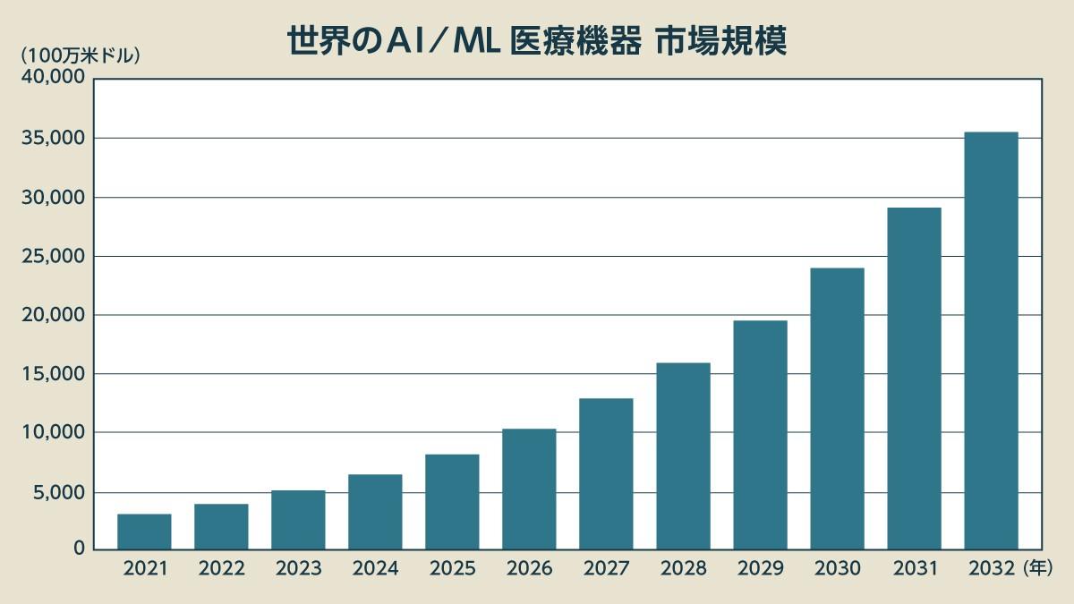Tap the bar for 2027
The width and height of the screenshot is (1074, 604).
pos(606,473)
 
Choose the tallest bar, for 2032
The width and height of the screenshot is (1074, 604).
pos(991,340)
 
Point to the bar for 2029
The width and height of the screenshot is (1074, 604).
pos(760,435)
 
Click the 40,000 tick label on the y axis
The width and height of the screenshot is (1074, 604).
pos(52,78)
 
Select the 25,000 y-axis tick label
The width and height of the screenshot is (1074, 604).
pos(52,257)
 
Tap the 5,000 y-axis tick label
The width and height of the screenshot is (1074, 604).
pos(56,492)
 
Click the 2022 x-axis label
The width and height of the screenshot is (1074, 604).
pos(221,569)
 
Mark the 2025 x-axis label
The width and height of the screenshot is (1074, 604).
pos(452,569)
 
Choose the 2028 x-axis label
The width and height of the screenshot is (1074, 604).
pos(683,569)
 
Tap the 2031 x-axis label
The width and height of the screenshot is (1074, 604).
pos(914,569)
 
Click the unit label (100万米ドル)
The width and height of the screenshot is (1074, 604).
pos(81,55)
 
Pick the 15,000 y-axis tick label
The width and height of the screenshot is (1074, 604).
pos(52,374)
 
